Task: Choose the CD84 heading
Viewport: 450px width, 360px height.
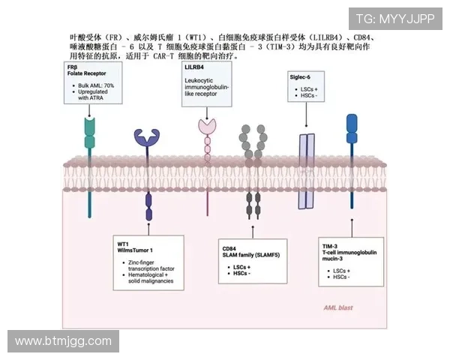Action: (x=229, y=247)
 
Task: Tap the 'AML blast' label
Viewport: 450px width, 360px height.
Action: (x=338, y=308)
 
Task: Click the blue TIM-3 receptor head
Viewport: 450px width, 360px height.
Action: (x=351, y=124)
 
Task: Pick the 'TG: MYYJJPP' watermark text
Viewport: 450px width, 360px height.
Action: (x=395, y=19)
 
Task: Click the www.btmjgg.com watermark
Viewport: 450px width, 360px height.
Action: (x=63, y=342)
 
